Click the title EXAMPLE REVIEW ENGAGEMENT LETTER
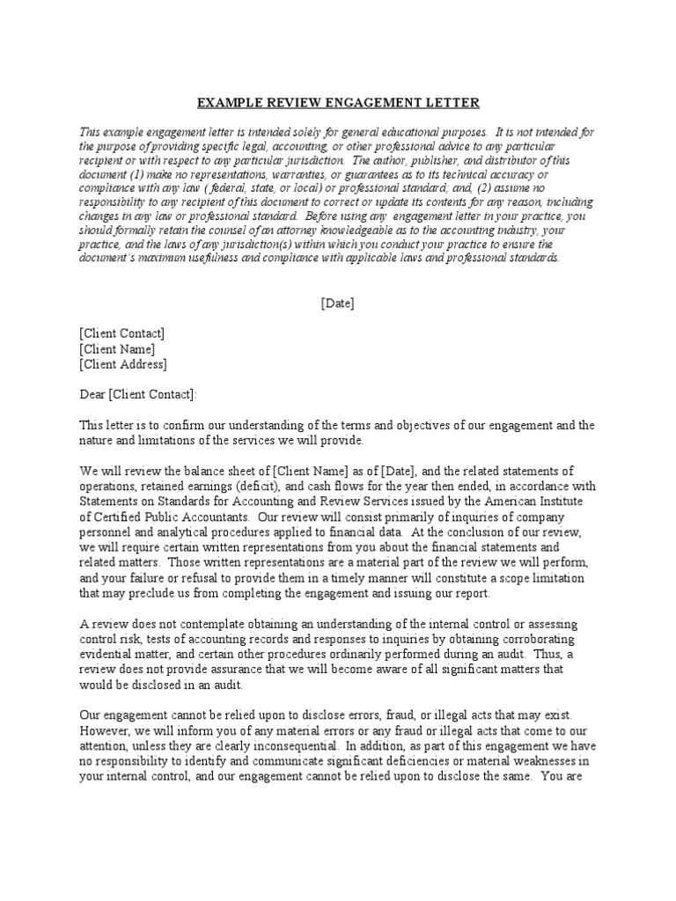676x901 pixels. [x=338, y=103]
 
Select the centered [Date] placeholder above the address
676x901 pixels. [x=337, y=303]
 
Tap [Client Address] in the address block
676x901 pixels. [x=122, y=364]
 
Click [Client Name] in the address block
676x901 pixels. [x=117, y=348]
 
